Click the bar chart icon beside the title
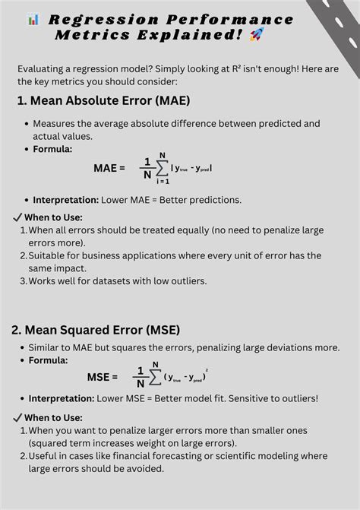33,19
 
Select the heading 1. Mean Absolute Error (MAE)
103,100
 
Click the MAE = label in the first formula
109,167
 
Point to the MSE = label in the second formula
103,376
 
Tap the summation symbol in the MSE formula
155,375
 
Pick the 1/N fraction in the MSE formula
139,375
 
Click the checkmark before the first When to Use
18,217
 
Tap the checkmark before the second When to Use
18,417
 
